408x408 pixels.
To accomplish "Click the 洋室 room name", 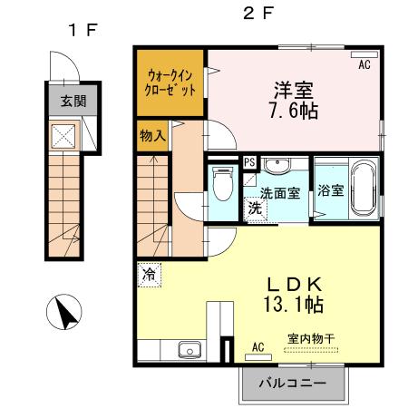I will [x=296, y=90].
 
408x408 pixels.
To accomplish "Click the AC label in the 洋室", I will [x=364, y=65].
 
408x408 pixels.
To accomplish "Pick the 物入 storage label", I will [x=151, y=137].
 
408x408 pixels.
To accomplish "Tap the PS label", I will [x=249, y=163].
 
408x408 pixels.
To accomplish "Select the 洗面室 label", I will [x=281, y=193].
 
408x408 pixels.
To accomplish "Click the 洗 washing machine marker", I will [x=256, y=208].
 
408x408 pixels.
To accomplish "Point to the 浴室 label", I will [x=331, y=190].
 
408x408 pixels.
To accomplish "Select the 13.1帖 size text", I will [x=290, y=304].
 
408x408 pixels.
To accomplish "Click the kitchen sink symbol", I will [x=190, y=349].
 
